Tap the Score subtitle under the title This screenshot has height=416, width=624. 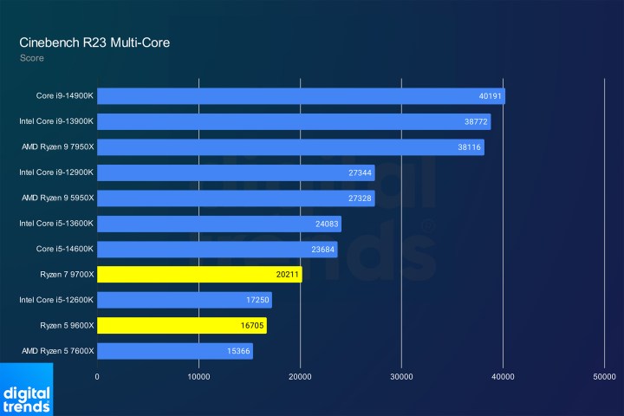point(31,58)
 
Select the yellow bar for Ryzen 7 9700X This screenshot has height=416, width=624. point(199,275)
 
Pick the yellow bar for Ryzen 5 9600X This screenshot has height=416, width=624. point(181,325)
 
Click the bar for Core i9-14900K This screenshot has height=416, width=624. point(301,96)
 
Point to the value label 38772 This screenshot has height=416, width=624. point(476,122)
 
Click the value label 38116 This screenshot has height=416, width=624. point(469,147)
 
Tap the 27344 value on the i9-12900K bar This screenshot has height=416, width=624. point(360,172)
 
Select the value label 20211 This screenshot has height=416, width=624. point(287,275)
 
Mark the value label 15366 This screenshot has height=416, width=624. point(238,351)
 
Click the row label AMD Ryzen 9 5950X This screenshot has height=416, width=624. point(55,198)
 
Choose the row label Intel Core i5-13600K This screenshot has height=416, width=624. point(55,224)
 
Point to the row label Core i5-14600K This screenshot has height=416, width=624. point(64,250)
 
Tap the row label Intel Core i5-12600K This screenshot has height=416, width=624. point(55,300)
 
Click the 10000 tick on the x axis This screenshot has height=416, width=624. point(198,377)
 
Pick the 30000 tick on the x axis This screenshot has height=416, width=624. point(401,377)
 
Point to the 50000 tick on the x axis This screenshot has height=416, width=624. point(604,377)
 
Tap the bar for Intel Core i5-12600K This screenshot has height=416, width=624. point(185,300)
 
